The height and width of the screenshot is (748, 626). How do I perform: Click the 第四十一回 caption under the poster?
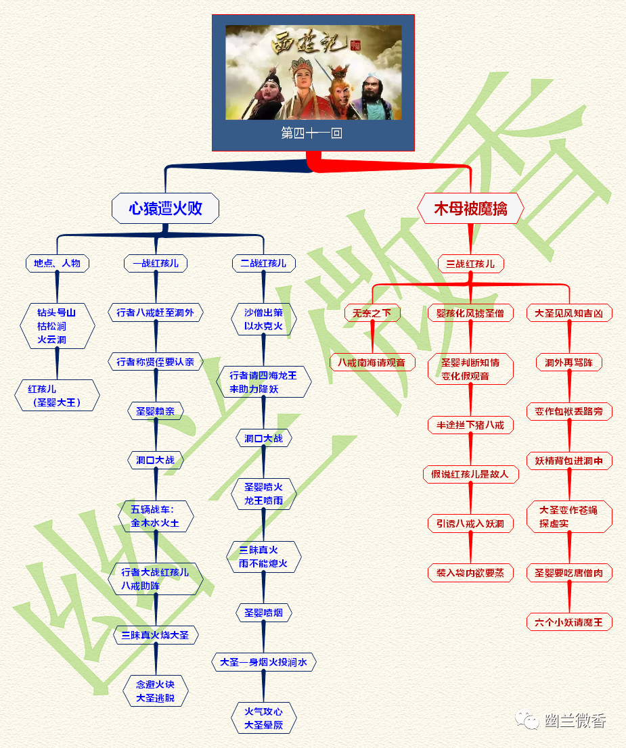click(x=312, y=133)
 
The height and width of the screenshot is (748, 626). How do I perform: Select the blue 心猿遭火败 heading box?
click(x=165, y=208)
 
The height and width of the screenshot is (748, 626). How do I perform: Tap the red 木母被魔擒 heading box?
click(x=470, y=208)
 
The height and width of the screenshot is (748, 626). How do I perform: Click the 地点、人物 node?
click(x=58, y=263)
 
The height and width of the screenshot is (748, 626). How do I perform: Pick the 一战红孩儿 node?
click(x=156, y=263)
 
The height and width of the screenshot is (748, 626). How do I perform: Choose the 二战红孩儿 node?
click(x=263, y=263)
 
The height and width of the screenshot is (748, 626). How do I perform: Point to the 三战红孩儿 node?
click(x=470, y=264)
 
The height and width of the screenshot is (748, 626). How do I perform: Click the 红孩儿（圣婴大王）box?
click(x=57, y=396)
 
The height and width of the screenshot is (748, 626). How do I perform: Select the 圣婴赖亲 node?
click(x=156, y=411)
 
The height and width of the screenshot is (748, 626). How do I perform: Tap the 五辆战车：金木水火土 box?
click(x=156, y=516)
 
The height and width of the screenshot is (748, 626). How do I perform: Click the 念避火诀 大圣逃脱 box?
click(x=156, y=691)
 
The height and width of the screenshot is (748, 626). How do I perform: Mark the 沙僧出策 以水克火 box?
click(x=263, y=320)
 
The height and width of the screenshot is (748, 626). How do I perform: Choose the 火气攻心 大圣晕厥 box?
click(x=264, y=718)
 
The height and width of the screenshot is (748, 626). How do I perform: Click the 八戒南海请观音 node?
click(x=372, y=362)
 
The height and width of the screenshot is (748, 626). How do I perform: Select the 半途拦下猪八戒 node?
click(x=470, y=425)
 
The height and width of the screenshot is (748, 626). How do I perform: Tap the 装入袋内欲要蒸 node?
click(x=470, y=572)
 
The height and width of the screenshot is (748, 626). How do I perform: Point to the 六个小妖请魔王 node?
click(x=568, y=622)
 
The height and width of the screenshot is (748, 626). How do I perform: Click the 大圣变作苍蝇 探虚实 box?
click(x=568, y=517)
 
